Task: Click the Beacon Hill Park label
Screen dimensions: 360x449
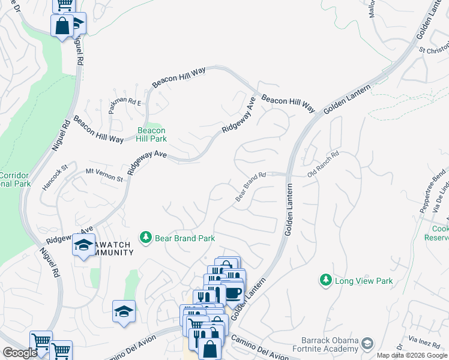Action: pyautogui.click(x=151, y=134)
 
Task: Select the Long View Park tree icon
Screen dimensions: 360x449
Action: pyautogui.click(x=325, y=280)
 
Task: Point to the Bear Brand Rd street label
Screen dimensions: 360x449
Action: pyautogui.click(x=250, y=187)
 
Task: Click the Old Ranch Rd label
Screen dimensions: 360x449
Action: pyautogui.click(x=323, y=163)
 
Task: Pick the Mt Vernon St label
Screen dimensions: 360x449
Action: pyautogui.click(x=104, y=175)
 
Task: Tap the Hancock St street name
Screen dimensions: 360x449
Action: pyautogui.click(x=55, y=178)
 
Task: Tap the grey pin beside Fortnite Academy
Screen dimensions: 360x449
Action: pyautogui.click(x=367, y=343)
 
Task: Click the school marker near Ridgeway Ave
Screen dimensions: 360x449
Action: pyautogui.click(x=83, y=245)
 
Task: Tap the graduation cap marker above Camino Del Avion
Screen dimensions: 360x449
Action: pyautogui.click(x=124, y=311)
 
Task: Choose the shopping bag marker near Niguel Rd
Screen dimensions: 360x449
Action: pyautogui.click(x=62, y=26)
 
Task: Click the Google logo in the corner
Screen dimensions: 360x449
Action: pyautogui.click(x=20, y=353)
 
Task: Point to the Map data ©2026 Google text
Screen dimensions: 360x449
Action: pyautogui.click(x=412, y=355)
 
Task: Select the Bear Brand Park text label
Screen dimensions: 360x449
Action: pyautogui.click(x=185, y=238)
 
